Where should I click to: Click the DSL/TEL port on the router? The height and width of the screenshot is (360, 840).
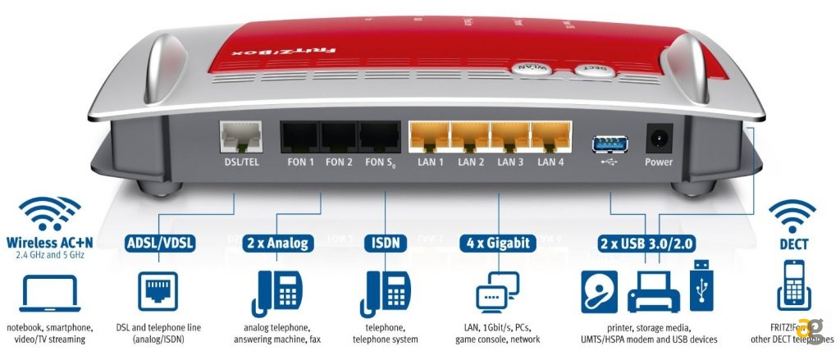(240, 136)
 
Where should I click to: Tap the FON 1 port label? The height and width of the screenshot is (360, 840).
(300, 162)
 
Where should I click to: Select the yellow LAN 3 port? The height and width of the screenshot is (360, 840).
(509, 135)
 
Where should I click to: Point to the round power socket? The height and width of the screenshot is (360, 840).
(658, 136)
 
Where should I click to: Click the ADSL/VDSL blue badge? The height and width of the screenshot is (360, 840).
(160, 244)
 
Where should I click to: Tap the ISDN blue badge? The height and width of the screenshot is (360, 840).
(385, 244)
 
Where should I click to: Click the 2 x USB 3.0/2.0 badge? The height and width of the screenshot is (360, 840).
(646, 244)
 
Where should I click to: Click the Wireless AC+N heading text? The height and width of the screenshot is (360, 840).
(48, 244)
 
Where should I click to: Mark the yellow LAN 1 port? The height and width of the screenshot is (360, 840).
(429, 135)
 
